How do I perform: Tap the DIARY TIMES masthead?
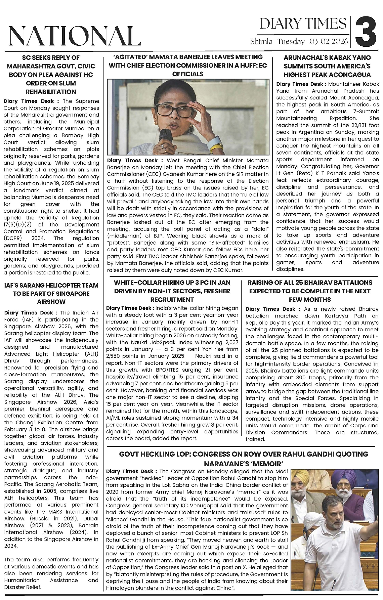(303, 24)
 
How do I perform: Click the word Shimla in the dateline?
(261, 42)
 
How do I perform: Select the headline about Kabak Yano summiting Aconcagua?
(327, 66)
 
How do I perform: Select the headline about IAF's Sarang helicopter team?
(51, 293)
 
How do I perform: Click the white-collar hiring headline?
(172, 291)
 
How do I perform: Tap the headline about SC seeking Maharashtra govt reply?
(51, 75)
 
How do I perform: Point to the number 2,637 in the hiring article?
(229, 342)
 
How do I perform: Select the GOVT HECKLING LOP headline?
(244, 459)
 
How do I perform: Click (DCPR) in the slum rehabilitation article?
(13, 238)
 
